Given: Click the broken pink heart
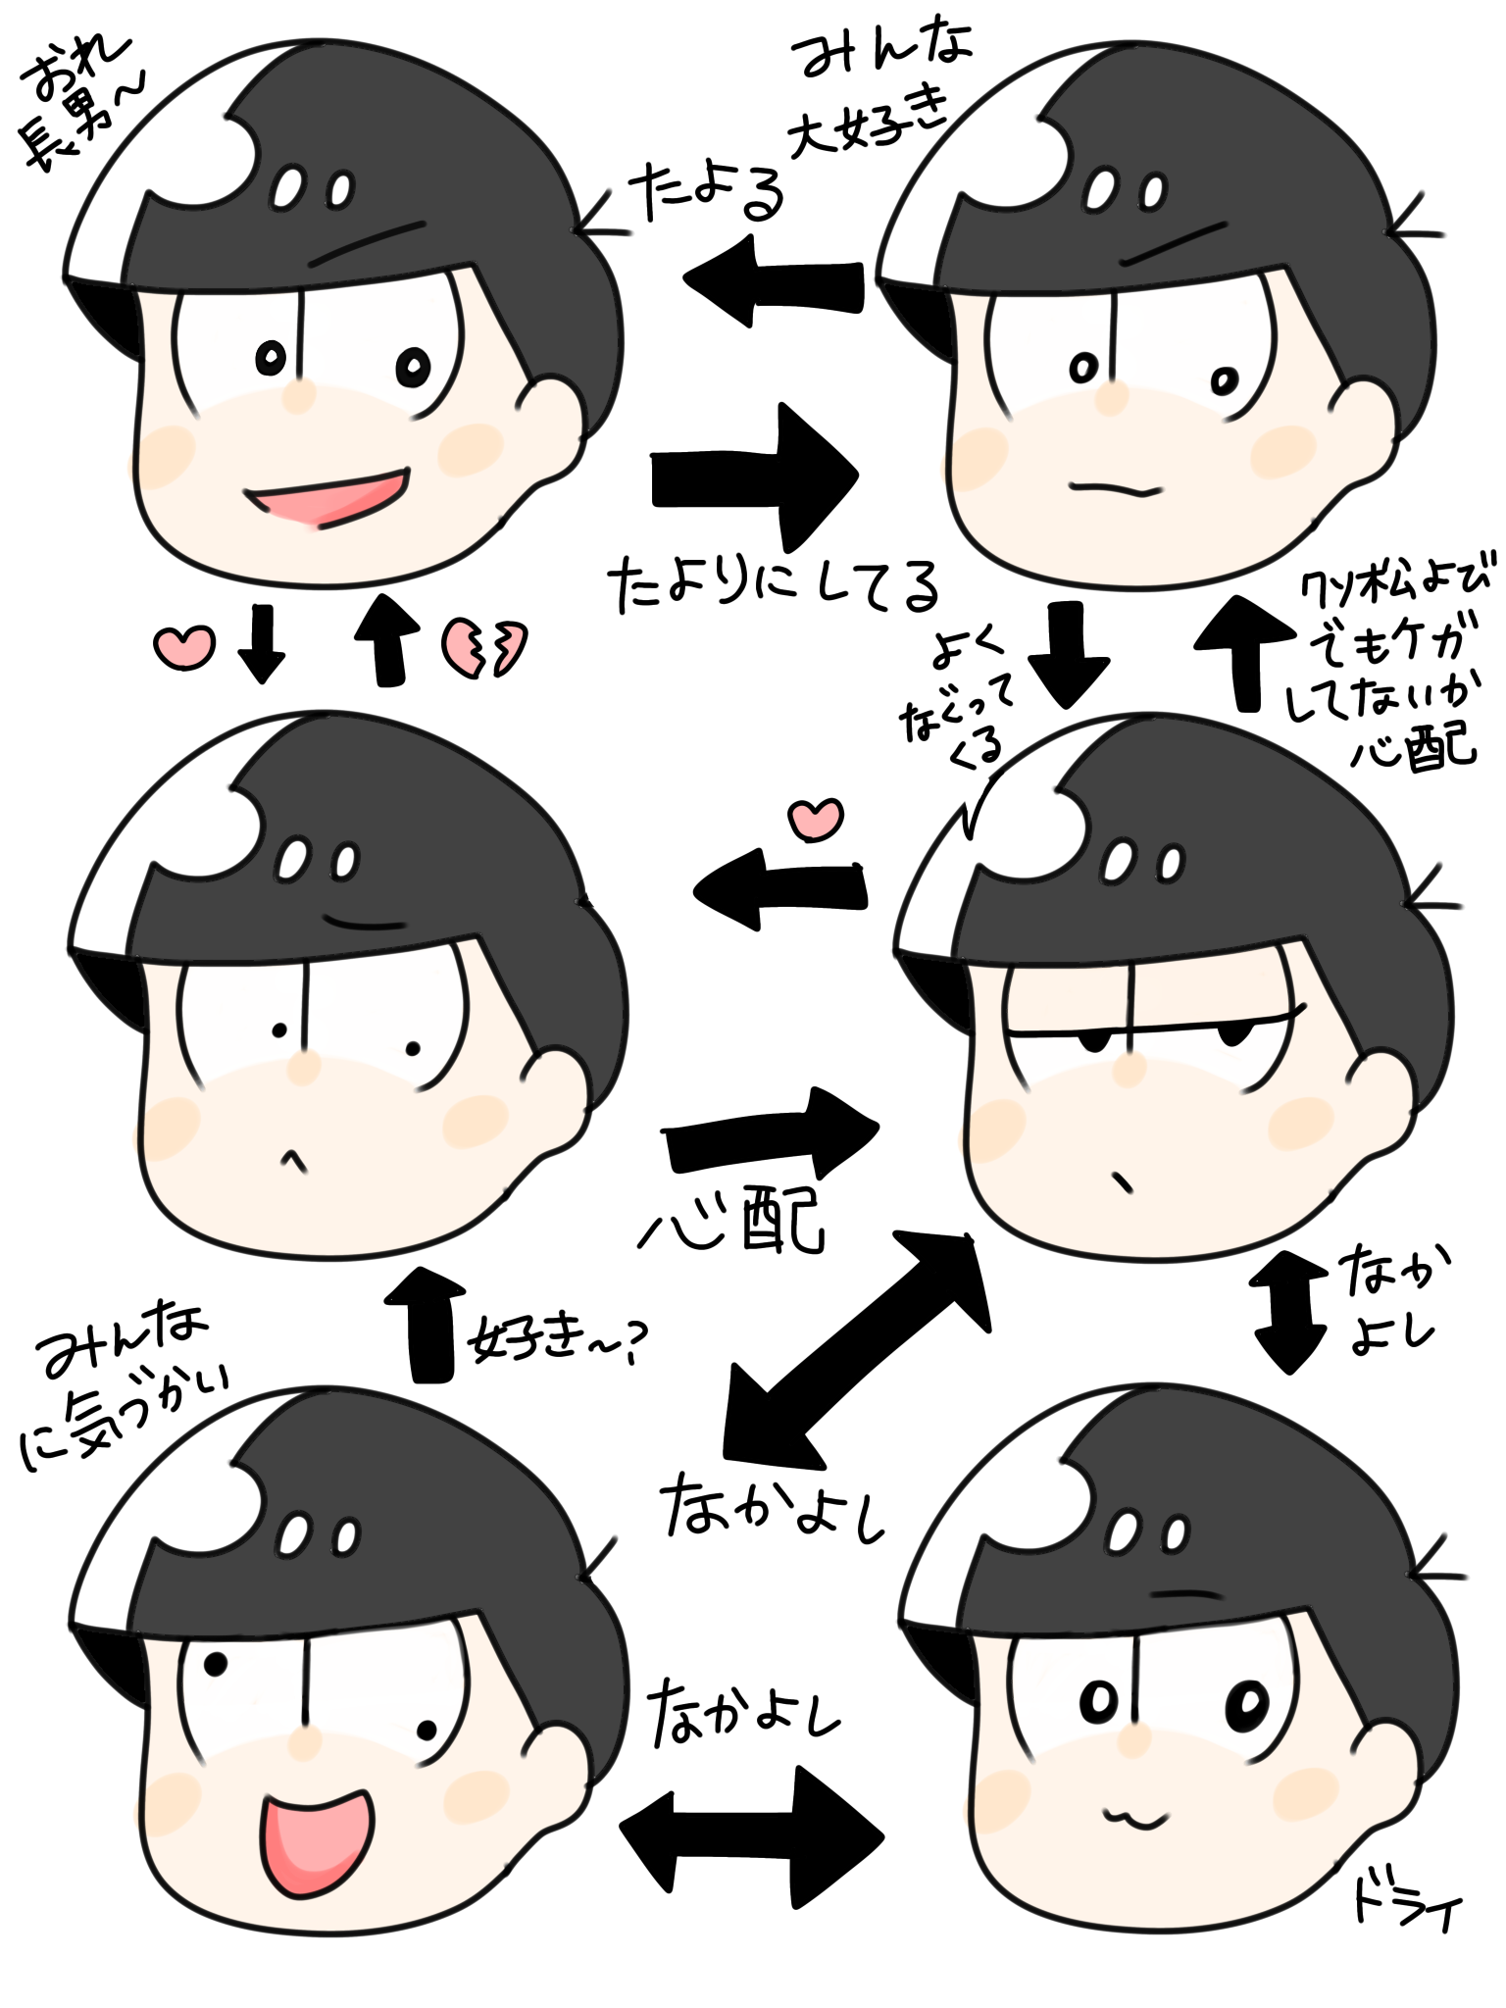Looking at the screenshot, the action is click(483, 647).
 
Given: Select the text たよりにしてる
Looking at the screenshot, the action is click(774, 585).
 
